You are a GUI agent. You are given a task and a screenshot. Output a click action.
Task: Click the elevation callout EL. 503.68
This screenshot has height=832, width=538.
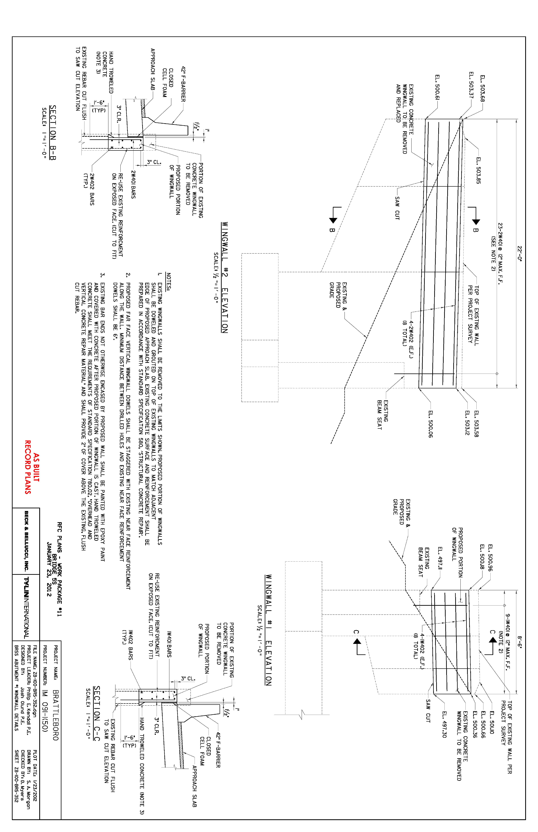[482, 88]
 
